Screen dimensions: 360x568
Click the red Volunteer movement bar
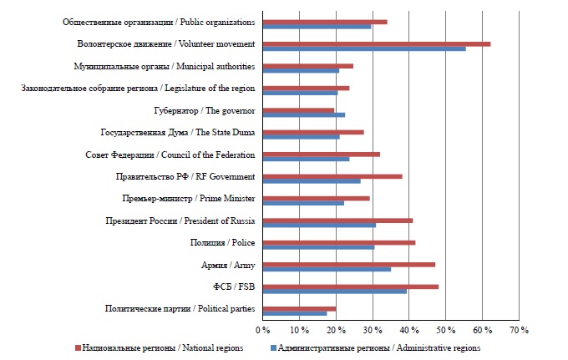pos(376,43)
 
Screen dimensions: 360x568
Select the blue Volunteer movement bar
pos(364,48)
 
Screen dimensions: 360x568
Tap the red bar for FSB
pos(350,286)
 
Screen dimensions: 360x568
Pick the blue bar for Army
pos(327,269)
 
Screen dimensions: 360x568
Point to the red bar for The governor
pos(298,109)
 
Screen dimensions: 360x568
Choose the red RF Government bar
pos(332,176)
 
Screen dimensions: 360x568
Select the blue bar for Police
pos(318,247)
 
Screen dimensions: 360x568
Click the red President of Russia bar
pos(337,221)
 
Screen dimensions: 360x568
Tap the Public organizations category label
pos(160,23)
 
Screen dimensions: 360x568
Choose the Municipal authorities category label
pos(165,67)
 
